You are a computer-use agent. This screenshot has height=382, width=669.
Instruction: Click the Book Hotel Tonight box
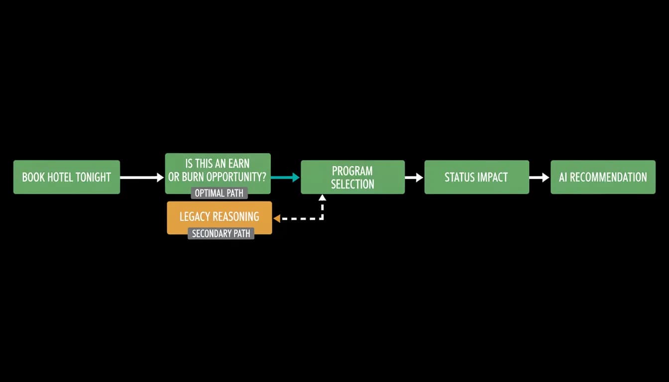click(67, 177)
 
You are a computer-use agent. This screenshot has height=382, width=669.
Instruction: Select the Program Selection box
click(353, 177)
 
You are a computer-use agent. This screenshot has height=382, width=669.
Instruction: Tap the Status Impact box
click(477, 177)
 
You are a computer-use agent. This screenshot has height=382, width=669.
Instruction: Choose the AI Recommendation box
click(603, 177)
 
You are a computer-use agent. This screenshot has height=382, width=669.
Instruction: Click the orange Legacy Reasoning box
click(220, 217)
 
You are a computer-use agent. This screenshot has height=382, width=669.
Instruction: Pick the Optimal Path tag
click(219, 193)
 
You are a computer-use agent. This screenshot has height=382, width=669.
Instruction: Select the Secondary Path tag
click(221, 233)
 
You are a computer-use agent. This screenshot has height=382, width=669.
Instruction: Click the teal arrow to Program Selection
click(285, 177)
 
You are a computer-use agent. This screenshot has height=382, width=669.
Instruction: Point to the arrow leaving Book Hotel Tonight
click(142, 178)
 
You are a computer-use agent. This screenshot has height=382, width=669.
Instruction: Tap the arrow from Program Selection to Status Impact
click(414, 178)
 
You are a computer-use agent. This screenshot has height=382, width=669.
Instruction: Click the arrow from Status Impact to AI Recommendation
click(539, 178)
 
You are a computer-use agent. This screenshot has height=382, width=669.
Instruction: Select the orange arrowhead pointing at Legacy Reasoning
click(277, 219)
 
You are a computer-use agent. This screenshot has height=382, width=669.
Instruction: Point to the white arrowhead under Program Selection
click(322, 197)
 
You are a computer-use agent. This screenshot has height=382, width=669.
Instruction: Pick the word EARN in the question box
click(238, 164)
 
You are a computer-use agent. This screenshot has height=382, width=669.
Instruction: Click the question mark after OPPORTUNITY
click(263, 177)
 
